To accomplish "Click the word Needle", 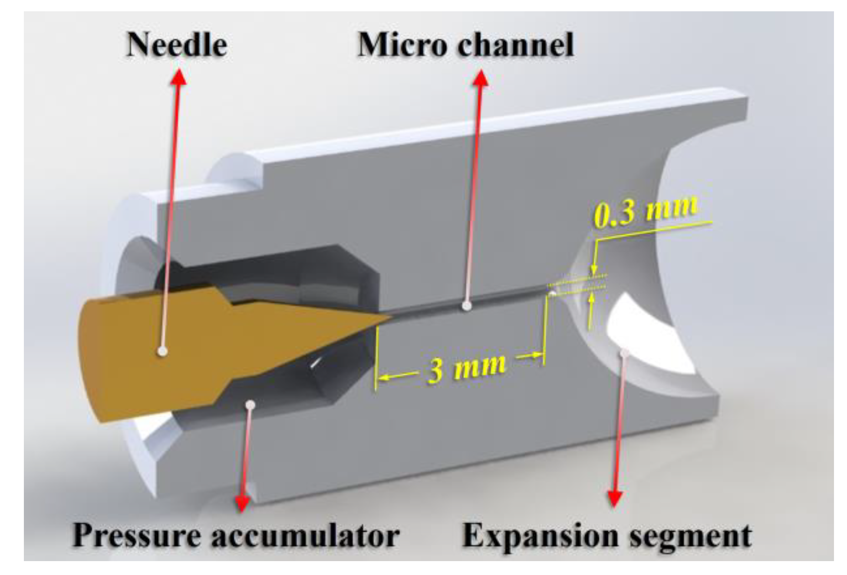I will click(x=176, y=45).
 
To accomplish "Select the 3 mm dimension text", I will click(x=467, y=368).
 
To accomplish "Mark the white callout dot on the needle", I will click(x=162, y=351).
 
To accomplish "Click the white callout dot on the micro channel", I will click(x=467, y=306).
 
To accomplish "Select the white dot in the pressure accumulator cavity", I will click(x=250, y=405).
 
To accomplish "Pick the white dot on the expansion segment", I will click(x=625, y=352).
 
